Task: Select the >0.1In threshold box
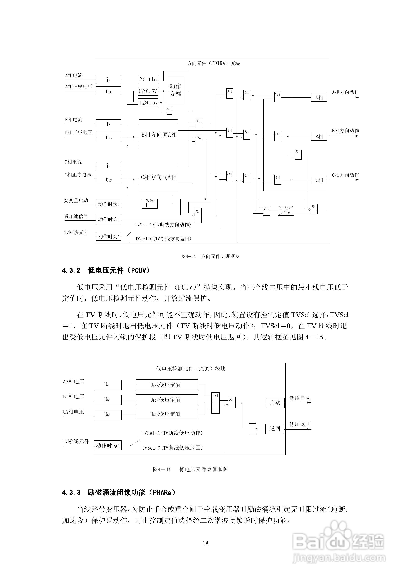click(148, 80)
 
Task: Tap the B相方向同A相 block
click(158, 135)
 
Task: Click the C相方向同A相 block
click(158, 177)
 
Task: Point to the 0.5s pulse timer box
click(149, 203)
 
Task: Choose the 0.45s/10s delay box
click(286, 210)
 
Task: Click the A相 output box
click(319, 98)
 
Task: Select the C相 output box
click(319, 180)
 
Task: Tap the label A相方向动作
click(345, 92)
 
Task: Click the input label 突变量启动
click(76, 200)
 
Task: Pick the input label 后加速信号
click(76, 216)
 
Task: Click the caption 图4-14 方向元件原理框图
click(210, 256)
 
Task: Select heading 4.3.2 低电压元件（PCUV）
click(106, 270)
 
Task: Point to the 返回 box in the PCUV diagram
click(275, 428)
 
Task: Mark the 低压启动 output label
click(300, 398)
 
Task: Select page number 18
click(205, 543)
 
